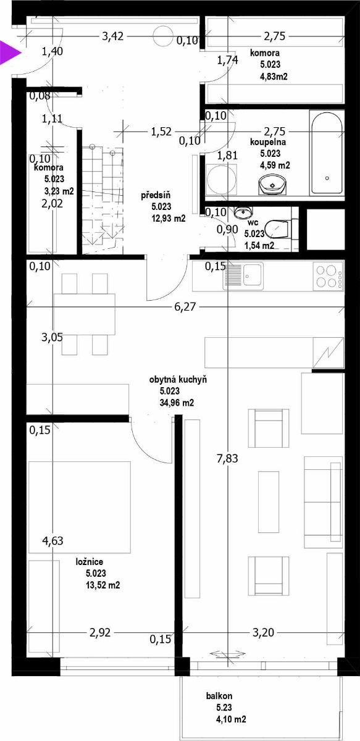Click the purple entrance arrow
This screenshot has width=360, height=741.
coord(9,52)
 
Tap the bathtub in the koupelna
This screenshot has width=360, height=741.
coord(327,153)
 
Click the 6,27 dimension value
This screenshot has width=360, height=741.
coord(185,307)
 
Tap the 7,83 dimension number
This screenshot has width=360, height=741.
coord(228,458)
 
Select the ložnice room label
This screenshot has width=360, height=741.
coord(90,561)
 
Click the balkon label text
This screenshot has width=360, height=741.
coord(219,696)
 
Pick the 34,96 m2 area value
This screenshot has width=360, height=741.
coord(177,403)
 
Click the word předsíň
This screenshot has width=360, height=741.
coord(156,195)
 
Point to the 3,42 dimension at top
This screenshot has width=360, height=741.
coord(112,36)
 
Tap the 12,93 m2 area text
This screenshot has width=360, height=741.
coord(169,219)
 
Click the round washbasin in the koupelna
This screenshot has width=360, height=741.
coord(272,184)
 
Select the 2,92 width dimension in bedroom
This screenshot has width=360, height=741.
coord(100,632)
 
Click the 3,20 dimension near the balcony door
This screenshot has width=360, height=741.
coord(264,632)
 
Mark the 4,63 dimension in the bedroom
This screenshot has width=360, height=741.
coord(52,540)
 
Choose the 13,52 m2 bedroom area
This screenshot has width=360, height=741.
coord(103,585)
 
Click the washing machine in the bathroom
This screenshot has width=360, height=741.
coord(221,179)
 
